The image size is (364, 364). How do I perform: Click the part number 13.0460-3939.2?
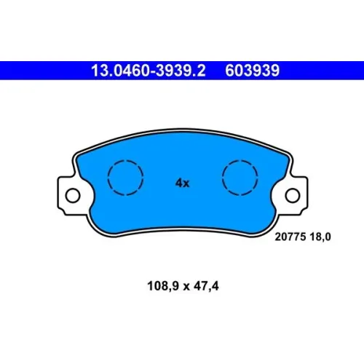point(149,71)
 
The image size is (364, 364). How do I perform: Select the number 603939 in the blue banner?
point(253,71)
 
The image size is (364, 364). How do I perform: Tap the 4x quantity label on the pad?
point(183,183)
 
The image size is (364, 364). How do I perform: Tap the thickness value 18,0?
point(320,237)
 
